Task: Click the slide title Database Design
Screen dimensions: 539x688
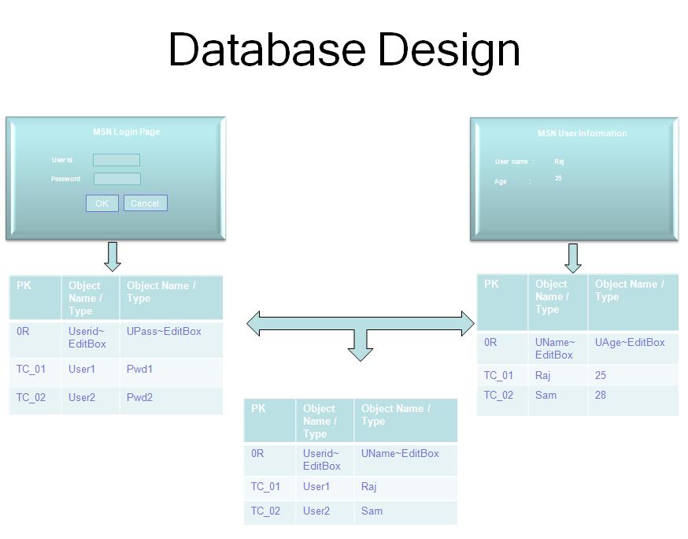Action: [344, 49]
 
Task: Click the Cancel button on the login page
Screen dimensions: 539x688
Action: [145, 203]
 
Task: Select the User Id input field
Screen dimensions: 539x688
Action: [117, 160]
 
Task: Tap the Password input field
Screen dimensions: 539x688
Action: [117, 179]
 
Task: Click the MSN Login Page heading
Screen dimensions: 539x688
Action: [126, 132]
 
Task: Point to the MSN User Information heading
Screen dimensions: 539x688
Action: [582, 133]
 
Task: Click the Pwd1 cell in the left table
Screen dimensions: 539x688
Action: [139, 369]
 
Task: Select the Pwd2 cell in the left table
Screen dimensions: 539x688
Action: [139, 397]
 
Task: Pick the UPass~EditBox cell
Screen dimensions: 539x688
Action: [164, 331]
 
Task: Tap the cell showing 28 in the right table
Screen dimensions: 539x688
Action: [601, 395]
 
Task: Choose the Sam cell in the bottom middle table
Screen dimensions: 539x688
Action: [372, 511]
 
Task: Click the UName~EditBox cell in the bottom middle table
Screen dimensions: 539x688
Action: [400, 453]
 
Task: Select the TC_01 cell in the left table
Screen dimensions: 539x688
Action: [31, 369]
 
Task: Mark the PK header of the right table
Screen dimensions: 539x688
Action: [491, 284]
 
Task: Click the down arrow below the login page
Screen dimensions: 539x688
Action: [113, 257]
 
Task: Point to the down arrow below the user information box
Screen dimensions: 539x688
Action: [573, 258]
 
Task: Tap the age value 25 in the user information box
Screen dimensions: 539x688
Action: [558, 179]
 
